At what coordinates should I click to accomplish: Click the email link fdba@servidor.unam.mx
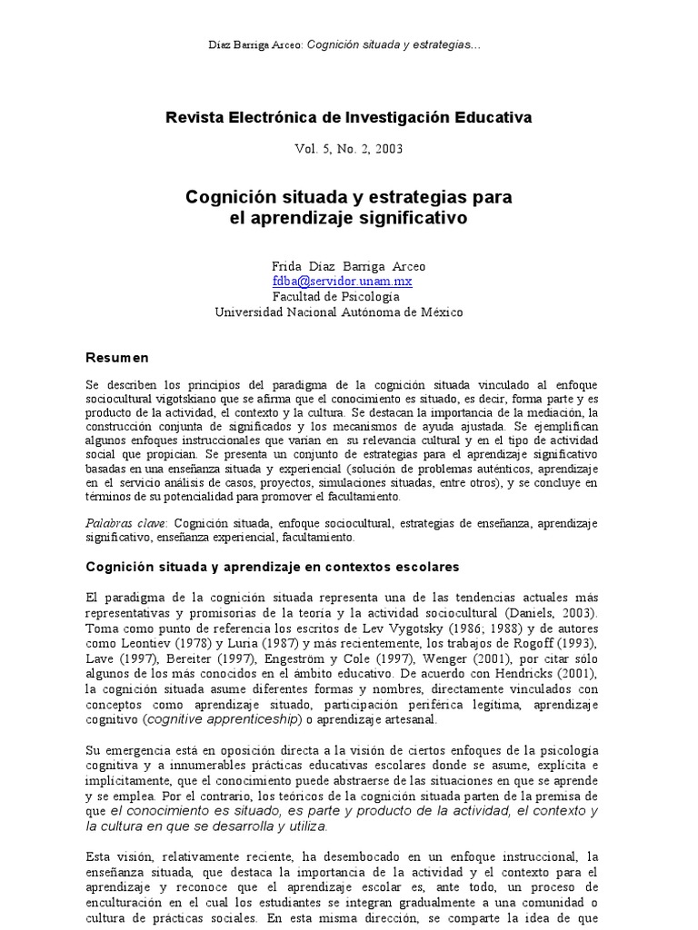(329, 282)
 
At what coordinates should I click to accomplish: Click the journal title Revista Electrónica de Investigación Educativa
(348, 117)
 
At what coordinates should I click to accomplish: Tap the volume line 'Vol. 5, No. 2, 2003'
(349, 148)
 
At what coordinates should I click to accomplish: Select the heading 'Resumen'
(116, 357)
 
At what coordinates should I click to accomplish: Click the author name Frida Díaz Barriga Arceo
(348, 266)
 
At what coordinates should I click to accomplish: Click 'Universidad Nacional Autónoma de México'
(338, 312)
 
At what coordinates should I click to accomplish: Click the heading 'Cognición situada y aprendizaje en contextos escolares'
(273, 566)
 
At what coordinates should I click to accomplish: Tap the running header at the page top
(349, 45)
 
